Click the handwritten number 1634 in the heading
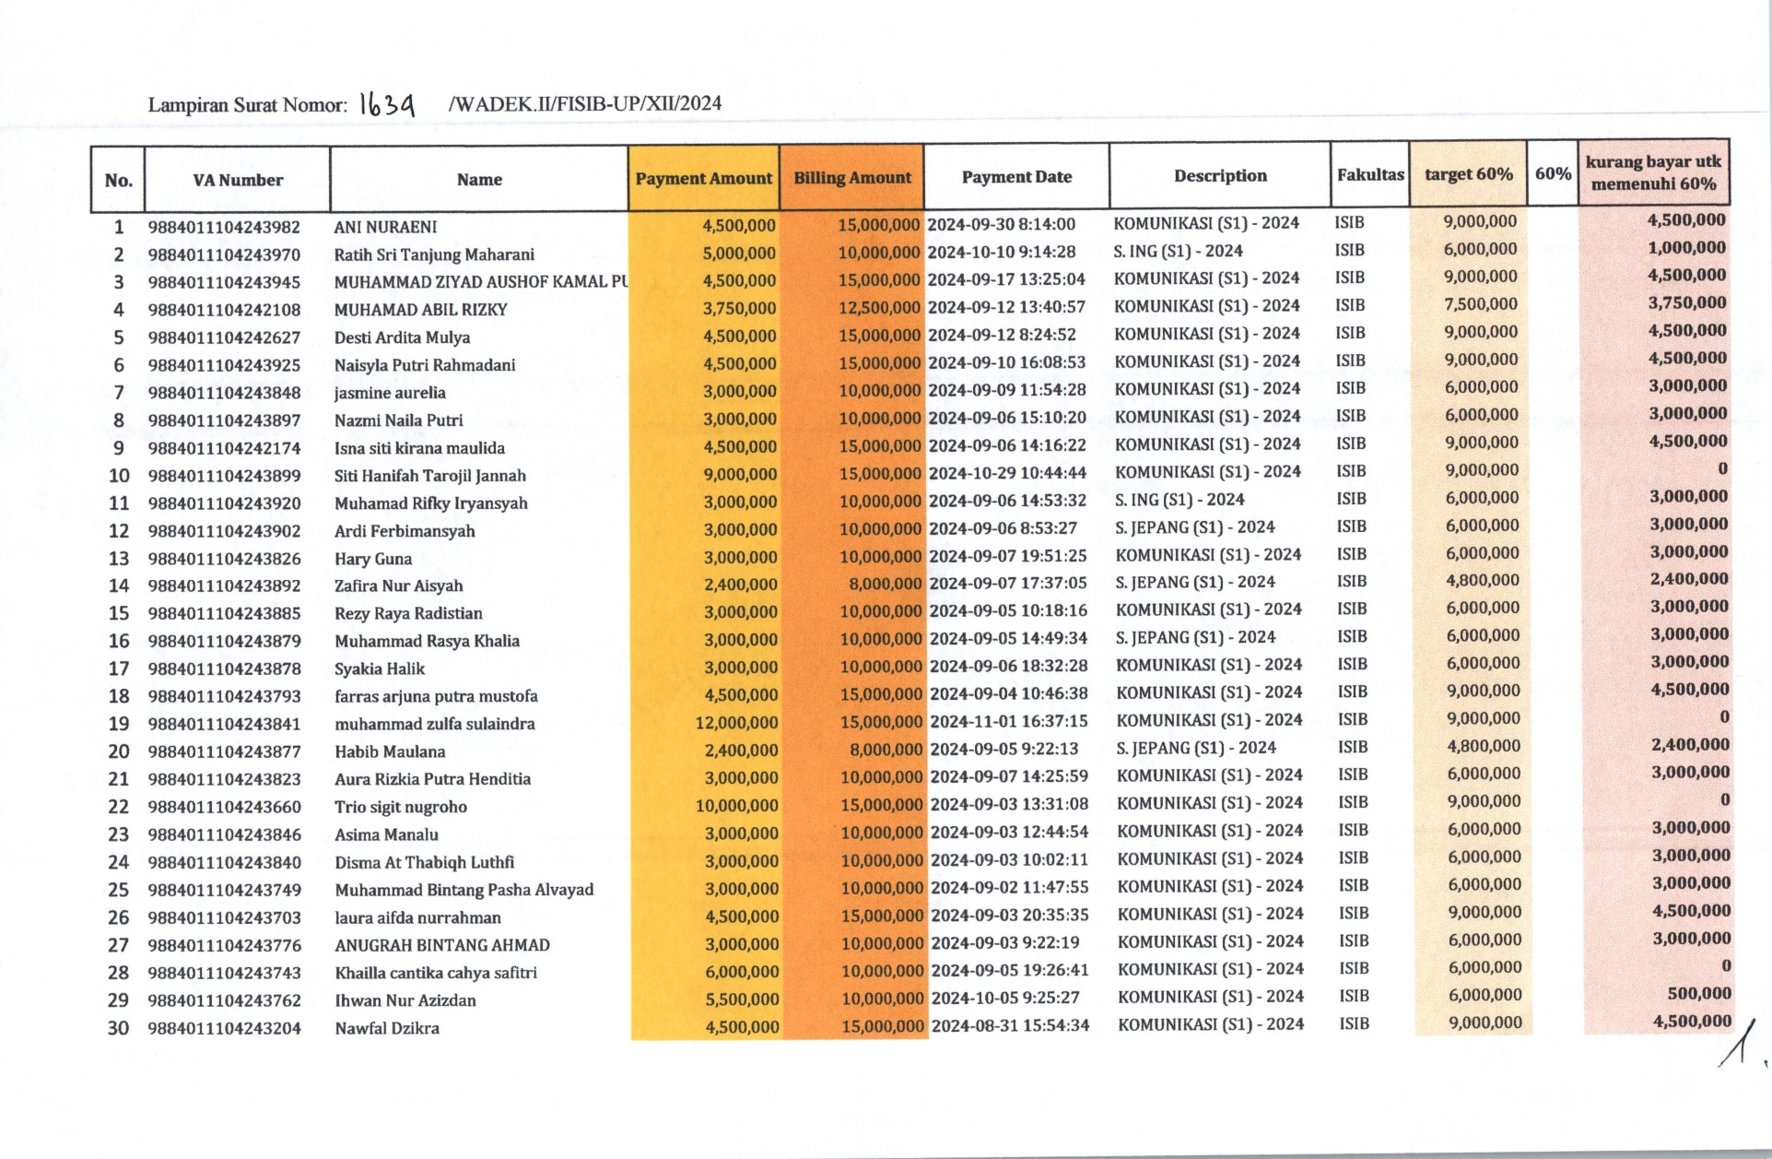click(x=387, y=104)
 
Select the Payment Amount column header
click(x=703, y=178)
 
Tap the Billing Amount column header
click(x=852, y=177)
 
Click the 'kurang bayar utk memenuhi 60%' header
click(x=1653, y=172)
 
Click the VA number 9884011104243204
click(x=224, y=1028)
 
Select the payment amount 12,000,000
click(x=736, y=723)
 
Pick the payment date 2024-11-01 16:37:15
click(x=1009, y=721)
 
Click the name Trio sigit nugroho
click(x=401, y=807)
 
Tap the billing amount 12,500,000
click(x=879, y=307)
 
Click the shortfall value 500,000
click(x=1699, y=993)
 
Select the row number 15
click(x=119, y=613)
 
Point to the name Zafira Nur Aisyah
click(x=399, y=585)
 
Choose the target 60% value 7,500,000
click(x=1481, y=304)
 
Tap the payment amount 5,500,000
click(x=740, y=999)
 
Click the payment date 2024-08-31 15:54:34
click(x=1010, y=1025)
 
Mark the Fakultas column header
click(x=1370, y=174)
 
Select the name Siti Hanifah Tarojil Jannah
click(x=429, y=476)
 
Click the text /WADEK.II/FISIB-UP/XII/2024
click(x=584, y=103)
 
